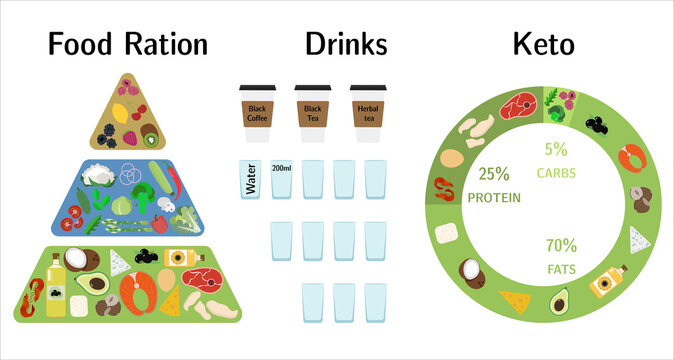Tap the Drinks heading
click(346, 44)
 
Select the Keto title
click(543, 44)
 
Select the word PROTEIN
click(494, 197)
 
